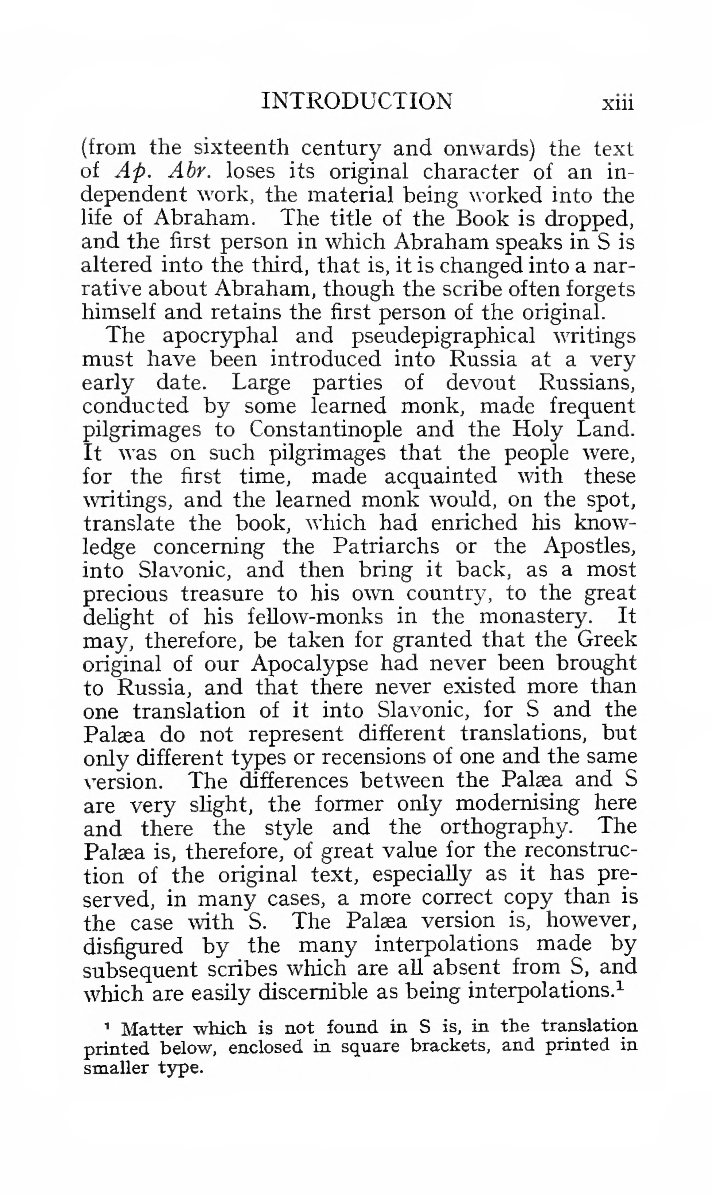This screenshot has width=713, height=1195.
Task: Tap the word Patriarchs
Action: (x=385, y=546)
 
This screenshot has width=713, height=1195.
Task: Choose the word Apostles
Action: (x=590, y=546)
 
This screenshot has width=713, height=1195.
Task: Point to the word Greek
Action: (x=607, y=640)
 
